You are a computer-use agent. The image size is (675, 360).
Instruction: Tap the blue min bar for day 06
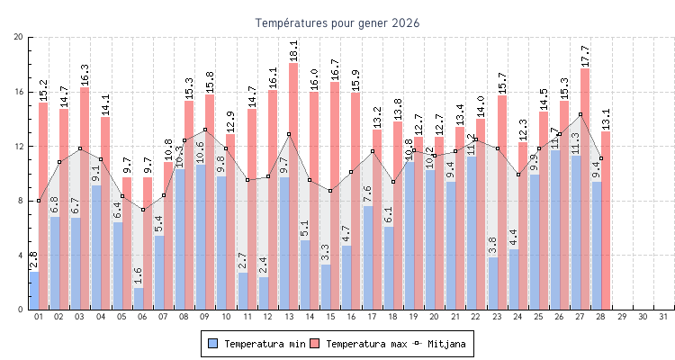(139, 298)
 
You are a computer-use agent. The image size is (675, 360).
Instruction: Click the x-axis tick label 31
(664, 317)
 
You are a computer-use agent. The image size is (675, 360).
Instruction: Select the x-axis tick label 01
(39, 317)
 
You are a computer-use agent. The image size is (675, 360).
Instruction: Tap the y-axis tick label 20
(19, 37)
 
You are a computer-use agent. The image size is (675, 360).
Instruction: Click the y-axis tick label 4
(21, 255)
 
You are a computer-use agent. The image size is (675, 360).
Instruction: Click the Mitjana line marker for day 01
(39, 201)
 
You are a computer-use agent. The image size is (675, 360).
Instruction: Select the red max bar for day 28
(607, 220)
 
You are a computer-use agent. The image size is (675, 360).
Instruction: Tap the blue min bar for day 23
(493, 283)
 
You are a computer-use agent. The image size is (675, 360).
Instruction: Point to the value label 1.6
(138, 275)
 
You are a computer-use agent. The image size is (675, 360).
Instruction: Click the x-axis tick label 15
(330, 317)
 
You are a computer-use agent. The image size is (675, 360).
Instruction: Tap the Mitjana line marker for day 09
(205, 130)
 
